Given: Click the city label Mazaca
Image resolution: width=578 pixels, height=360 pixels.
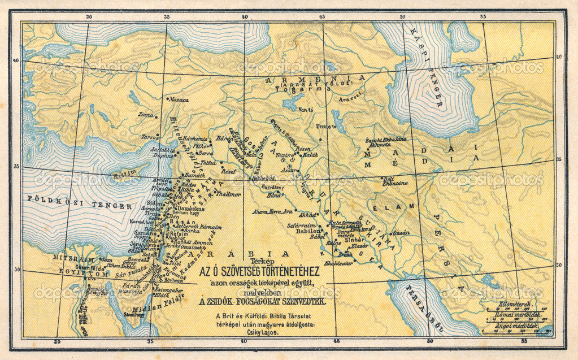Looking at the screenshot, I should click(179, 99).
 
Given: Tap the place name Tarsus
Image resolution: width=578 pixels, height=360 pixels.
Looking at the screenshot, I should click(150, 136).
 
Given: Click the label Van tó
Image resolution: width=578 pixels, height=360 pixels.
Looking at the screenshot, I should click(306, 109).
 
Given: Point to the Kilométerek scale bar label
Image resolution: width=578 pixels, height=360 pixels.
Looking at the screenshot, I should click(510, 304).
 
